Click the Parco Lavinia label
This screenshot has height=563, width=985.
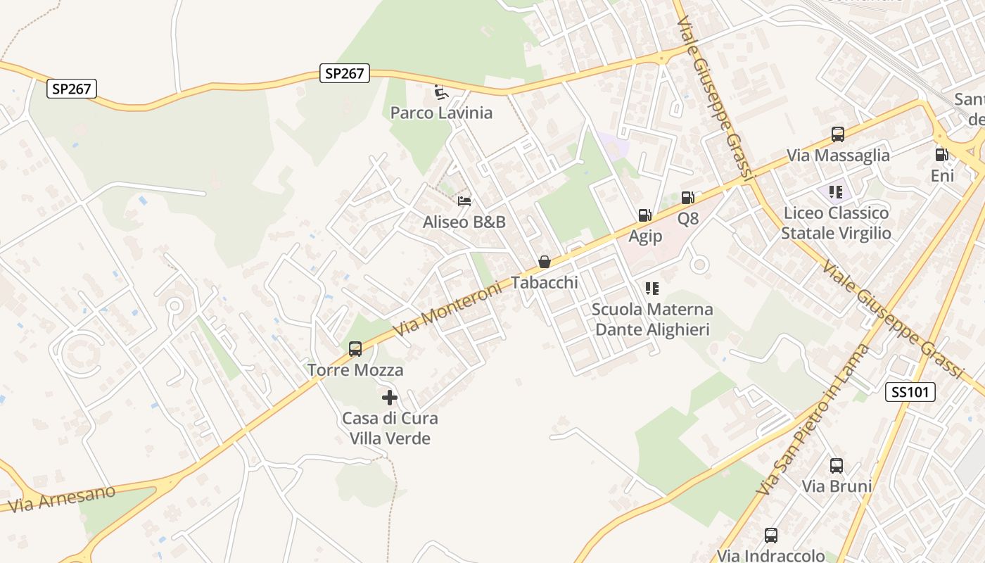click(x=441, y=113)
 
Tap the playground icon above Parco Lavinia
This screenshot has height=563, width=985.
click(x=441, y=92)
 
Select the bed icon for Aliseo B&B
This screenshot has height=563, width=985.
click(x=464, y=201)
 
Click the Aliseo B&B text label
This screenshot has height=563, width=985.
click(x=464, y=222)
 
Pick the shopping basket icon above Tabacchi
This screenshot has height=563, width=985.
click(x=544, y=262)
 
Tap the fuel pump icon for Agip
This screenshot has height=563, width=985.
click(x=644, y=215)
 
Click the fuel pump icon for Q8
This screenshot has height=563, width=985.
click(x=688, y=198)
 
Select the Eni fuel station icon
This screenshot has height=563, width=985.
click(x=942, y=155)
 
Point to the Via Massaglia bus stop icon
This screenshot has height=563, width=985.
click(x=838, y=134)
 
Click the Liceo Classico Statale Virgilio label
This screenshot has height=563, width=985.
click(x=836, y=223)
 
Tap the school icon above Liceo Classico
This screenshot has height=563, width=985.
click(x=836, y=191)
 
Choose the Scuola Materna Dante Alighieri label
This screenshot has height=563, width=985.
click(x=652, y=320)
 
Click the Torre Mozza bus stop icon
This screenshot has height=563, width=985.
click(x=355, y=349)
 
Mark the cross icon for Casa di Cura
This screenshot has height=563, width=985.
click(x=390, y=398)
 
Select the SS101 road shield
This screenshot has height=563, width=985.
click(x=910, y=393)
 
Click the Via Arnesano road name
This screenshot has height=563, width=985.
click(x=62, y=498)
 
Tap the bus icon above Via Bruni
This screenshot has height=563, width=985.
click(x=837, y=465)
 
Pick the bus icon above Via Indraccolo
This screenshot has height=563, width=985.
click(x=771, y=536)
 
